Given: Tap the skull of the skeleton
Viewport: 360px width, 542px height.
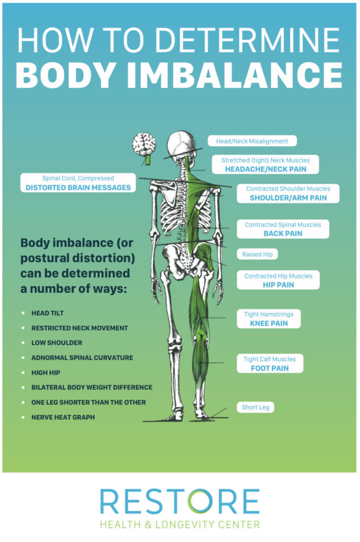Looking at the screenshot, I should click(x=181, y=143).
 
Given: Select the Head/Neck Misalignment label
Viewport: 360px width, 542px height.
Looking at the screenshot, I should click(x=251, y=141).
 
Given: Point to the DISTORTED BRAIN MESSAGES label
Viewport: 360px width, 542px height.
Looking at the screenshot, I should click(x=78, y=187).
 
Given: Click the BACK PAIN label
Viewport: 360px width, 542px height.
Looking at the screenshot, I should click(x=283, y=233).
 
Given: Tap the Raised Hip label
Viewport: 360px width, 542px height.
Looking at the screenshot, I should click(x=257, y=254).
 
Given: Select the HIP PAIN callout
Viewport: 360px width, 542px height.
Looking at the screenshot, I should click(x=278, y=285).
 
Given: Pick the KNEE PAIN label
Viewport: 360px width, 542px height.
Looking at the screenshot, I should click(x=268, y=323).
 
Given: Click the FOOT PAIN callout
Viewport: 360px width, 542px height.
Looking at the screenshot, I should click(x=269, y=368).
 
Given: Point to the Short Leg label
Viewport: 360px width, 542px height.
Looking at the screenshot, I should click(x=256, y=408).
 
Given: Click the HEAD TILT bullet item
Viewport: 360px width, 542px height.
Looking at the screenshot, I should click(x=48, y=313).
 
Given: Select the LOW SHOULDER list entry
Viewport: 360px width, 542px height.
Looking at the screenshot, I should click(x=57, y=343).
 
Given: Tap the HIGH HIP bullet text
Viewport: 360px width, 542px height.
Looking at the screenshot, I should click(x=46, y=373).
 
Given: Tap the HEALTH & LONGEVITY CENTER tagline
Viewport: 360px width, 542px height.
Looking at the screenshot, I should click(x=179, y=525).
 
